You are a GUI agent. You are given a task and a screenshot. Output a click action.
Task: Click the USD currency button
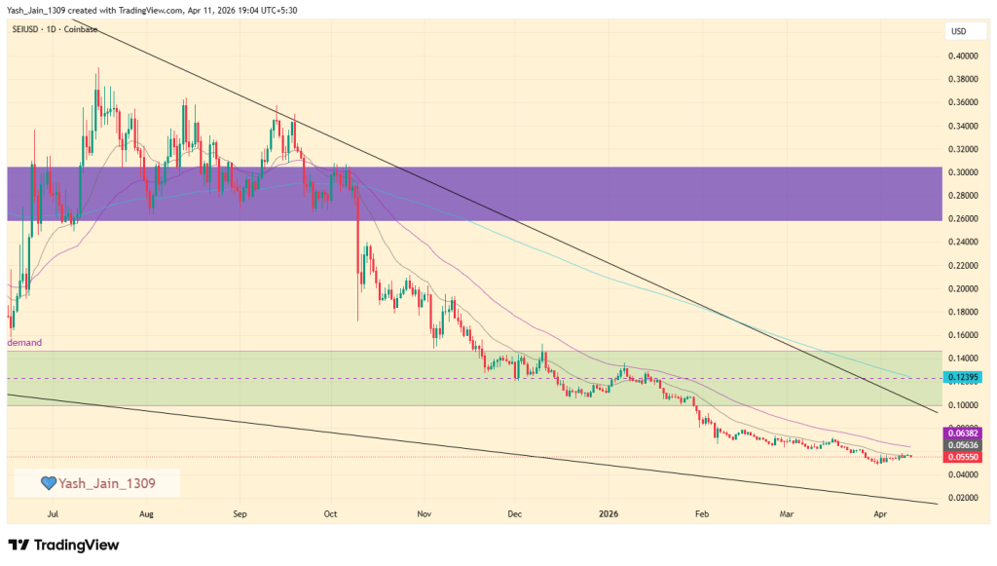click(x=959, y=32)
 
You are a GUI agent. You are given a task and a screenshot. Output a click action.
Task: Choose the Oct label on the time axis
click(x=330, y=512)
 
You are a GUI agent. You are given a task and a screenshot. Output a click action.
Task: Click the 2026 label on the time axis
click(x=609, y=512)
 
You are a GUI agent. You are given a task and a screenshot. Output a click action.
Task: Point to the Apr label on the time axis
click(x=880, y=512)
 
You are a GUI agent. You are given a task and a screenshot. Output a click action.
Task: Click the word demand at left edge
click(x=24, y=343)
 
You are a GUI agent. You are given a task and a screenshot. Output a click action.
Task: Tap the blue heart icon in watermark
click(x=48, y=482)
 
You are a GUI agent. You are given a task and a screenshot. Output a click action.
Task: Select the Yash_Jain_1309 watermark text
click(x=106, y=482)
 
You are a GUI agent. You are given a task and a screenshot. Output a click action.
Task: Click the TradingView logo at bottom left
click(x=63, y=545)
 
